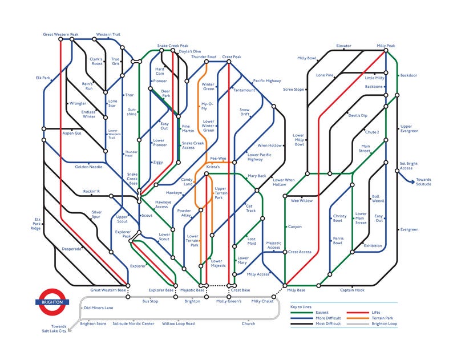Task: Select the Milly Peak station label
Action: click(386, 45)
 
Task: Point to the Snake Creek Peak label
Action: click(172, 46)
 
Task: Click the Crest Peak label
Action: click(232, 57)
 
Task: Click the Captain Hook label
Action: click(352, 290)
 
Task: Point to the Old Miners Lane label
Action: click(98, 308)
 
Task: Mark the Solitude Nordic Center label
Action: click(133, 323)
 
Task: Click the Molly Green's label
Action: click(229, 301)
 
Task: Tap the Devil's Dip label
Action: click(358, 115)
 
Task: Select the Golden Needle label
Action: click(88, 167)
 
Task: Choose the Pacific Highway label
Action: click(267, 81)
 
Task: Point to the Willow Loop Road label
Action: click(178, 323)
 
